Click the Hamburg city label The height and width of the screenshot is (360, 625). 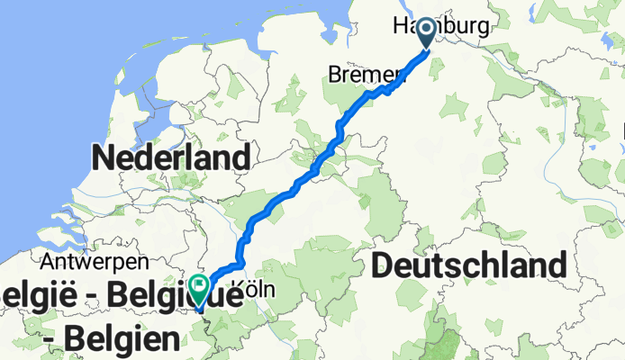click(x=441, y=27)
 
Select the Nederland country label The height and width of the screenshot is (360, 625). click(x=170, y=159)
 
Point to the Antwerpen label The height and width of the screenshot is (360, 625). click(x=94, y=263)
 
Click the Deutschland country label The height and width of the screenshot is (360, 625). click(x=468, y=265)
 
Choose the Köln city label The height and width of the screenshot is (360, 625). click(x=247, y=291)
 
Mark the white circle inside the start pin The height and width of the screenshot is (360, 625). click(x=427, y=28)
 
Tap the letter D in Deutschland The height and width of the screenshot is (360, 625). click(x=382, y=266)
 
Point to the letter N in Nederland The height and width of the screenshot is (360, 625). click(x=101, y=159)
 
